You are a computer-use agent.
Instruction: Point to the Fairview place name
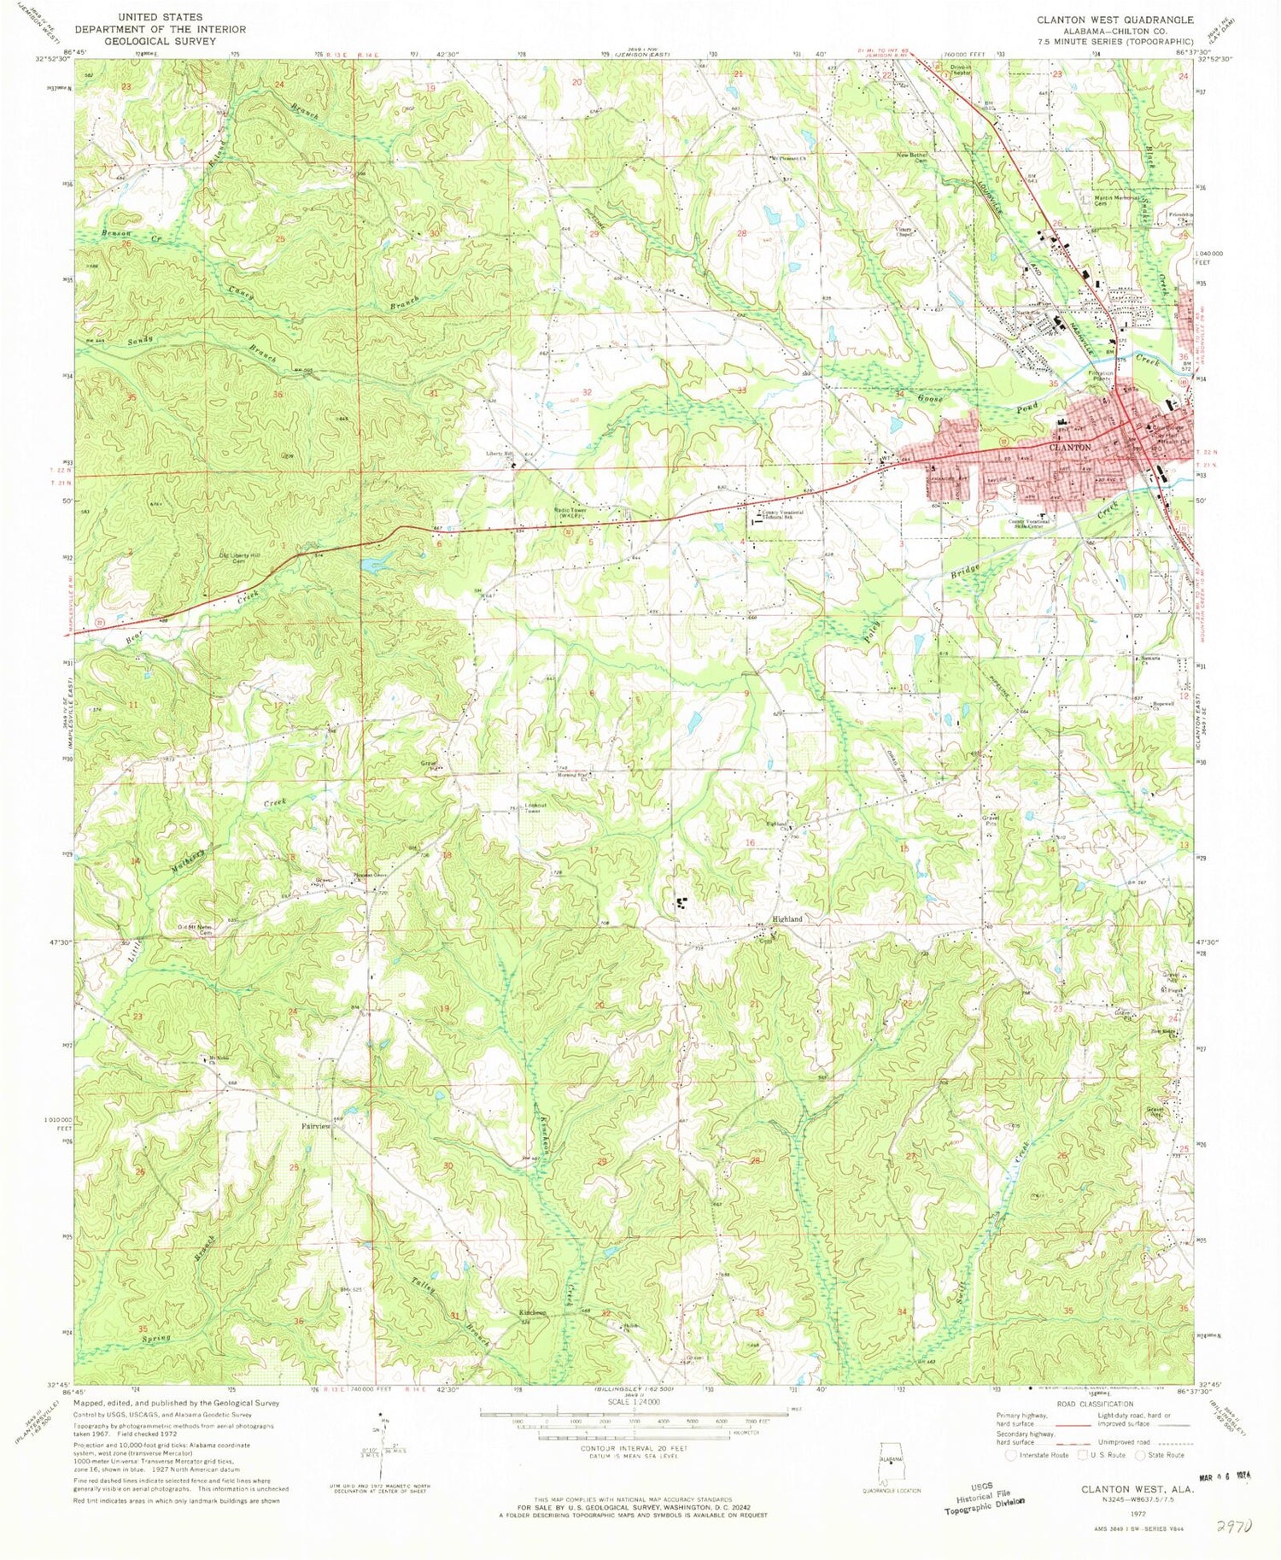(315, 1126)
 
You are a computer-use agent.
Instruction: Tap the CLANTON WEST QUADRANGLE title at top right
(1114, 19)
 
